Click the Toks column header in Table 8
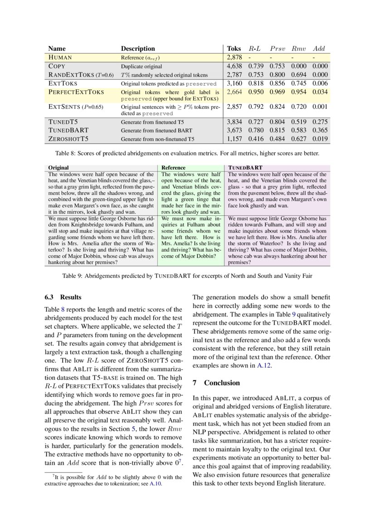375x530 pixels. pos(234,49)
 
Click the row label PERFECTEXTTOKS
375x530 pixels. pos(76,92)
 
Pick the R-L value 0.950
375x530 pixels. pos(256,92)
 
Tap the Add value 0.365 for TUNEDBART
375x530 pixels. pos(321,131)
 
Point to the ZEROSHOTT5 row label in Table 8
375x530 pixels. pos(68,139)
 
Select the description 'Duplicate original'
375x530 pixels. pos(141,66)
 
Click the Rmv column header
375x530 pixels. pos(299,49)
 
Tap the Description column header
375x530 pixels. pos(138,49)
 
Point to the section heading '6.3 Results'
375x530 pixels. pos(63,297)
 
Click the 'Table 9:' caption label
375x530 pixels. pos(73,275)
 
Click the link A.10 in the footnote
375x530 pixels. pos(156,484)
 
